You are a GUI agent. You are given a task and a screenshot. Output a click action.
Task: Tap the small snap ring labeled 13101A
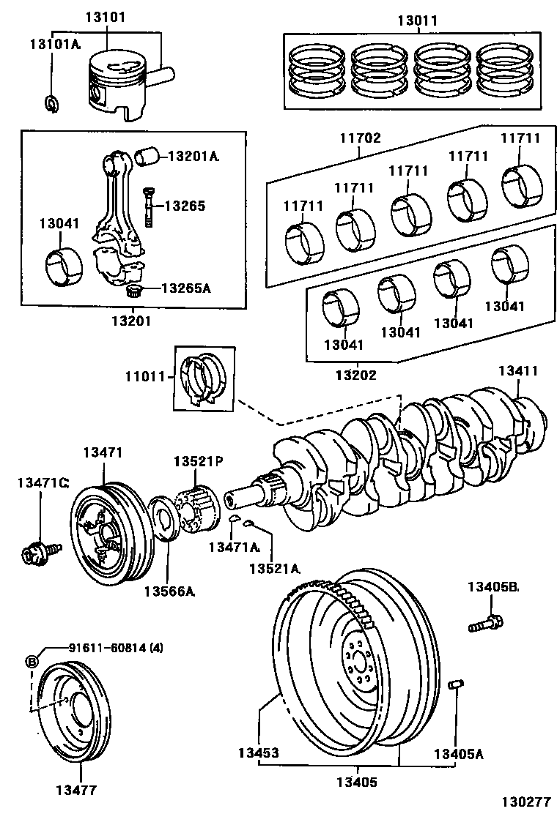(51, 103)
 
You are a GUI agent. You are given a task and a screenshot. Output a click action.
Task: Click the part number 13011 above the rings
(416, 20)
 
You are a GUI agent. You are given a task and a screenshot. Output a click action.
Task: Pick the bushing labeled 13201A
(147, 155)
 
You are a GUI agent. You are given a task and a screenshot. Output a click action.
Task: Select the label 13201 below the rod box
(131, 320)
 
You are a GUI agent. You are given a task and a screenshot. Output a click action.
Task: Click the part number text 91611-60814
(107, 648)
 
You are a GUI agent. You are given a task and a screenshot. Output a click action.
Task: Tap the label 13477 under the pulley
(76, 790)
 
